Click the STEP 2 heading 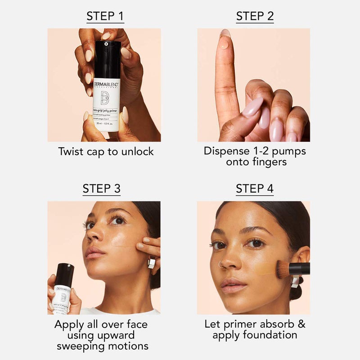click(x=255, y=17)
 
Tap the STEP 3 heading click(x=101, y=189)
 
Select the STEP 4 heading click(x=255, y=189)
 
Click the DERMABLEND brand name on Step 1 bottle click(x=106, y=84)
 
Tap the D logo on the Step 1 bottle click(x=104, y=99)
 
